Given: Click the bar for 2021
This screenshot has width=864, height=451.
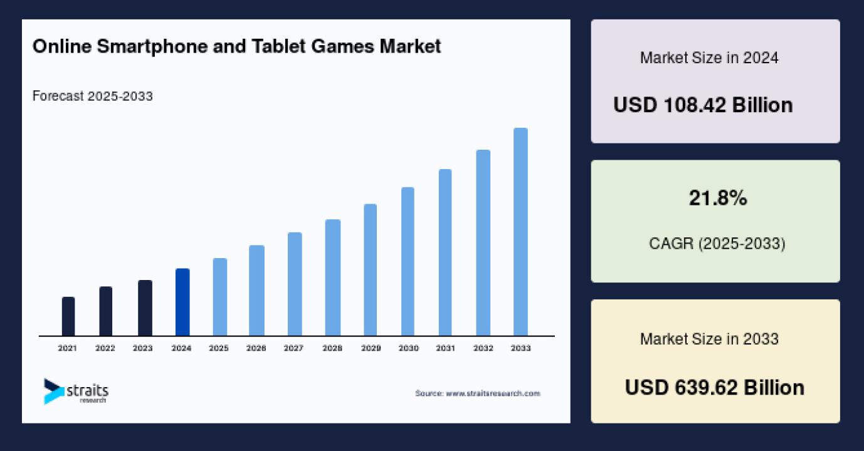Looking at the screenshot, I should (x=68, y=316).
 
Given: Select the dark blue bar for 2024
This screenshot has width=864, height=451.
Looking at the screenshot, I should (x=182, y=302).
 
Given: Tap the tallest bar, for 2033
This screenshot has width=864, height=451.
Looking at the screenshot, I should (x=520, y=232).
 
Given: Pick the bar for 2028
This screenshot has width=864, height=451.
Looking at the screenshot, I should (x=333, y=277).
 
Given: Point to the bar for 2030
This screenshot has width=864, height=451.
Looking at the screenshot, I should (x=408, y=261).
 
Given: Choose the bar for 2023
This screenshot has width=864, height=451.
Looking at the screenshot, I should (x=145, y=308).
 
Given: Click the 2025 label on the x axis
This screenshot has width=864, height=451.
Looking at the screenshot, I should (x=219, y=348).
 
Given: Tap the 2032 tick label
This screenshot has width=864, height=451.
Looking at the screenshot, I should (x=483, y=348).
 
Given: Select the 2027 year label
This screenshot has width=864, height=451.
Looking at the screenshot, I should (x=293, y=348).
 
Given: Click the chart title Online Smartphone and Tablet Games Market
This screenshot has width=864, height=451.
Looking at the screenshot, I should (x=236, y=46).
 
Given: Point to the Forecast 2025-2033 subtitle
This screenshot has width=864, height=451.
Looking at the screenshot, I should (x=92, y=96).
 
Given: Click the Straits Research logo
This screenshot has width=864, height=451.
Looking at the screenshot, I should (x=76, y=391).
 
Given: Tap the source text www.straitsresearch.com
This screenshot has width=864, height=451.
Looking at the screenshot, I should (x=477, y=393).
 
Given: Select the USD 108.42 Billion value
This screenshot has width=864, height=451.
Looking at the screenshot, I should (x=703, y=105).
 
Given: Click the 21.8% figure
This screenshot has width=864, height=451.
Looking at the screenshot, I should (x=718, y=199).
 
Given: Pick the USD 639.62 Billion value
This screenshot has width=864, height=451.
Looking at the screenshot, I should (x=714, y=387).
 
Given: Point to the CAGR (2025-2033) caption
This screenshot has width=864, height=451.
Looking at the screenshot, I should (x=717, y=243).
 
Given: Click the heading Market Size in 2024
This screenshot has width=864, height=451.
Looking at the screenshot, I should (x=709, y=58).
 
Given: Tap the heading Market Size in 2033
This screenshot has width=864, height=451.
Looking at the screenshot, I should (x=709, y=340).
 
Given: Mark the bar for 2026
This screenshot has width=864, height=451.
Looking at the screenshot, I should (x=256, y=291).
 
